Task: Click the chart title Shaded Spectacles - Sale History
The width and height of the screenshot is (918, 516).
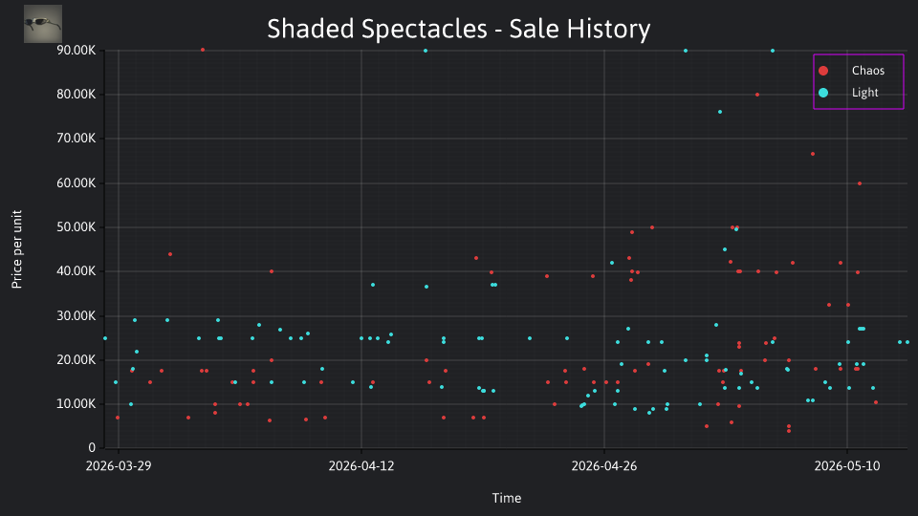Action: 458,29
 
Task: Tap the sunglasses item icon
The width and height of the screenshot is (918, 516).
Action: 43,24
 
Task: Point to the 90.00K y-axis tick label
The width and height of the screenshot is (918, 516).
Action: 76,51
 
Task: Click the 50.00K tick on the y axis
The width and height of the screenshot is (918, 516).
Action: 76,227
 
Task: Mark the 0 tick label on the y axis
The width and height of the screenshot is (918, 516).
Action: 92,447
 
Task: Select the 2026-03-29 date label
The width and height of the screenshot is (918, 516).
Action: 119,465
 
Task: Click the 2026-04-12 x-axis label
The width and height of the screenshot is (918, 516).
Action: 361,465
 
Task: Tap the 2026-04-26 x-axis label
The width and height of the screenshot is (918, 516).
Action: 604,465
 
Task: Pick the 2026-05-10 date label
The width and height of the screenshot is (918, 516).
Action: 847,465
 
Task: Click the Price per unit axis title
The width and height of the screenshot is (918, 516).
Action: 17,249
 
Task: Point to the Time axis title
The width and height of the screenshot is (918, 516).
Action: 507,498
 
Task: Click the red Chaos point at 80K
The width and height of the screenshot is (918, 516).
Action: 757,95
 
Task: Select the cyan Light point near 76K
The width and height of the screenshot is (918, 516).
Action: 720,112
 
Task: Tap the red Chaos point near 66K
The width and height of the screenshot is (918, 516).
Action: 813,154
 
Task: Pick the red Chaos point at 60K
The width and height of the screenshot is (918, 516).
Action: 860,183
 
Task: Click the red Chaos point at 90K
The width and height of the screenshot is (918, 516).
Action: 203,50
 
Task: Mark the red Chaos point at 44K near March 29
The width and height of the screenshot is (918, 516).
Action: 170,254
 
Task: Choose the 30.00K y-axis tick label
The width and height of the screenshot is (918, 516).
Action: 76,315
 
